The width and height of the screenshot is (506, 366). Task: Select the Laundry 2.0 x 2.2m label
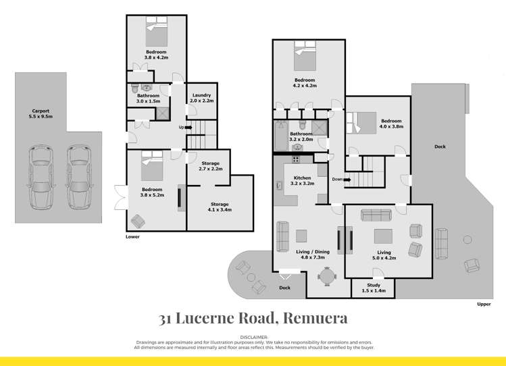tap(202, 98)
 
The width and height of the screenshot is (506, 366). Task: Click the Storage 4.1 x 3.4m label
tap(219, 207)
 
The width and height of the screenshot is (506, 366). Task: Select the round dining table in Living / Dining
tap(326, 276)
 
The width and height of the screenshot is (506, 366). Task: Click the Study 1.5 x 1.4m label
tap(374, 288)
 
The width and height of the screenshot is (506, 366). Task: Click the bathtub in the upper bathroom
tap(281, 137)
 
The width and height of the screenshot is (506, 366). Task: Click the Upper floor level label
tap(483, 304)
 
